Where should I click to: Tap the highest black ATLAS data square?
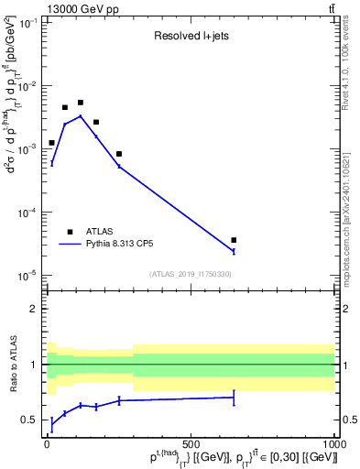point(81,103)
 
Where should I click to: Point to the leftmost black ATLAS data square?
point(51,143)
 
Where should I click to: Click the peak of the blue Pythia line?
point(81,116)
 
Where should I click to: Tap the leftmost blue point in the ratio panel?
point(51,424)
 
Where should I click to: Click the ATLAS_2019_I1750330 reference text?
point(191,274)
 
